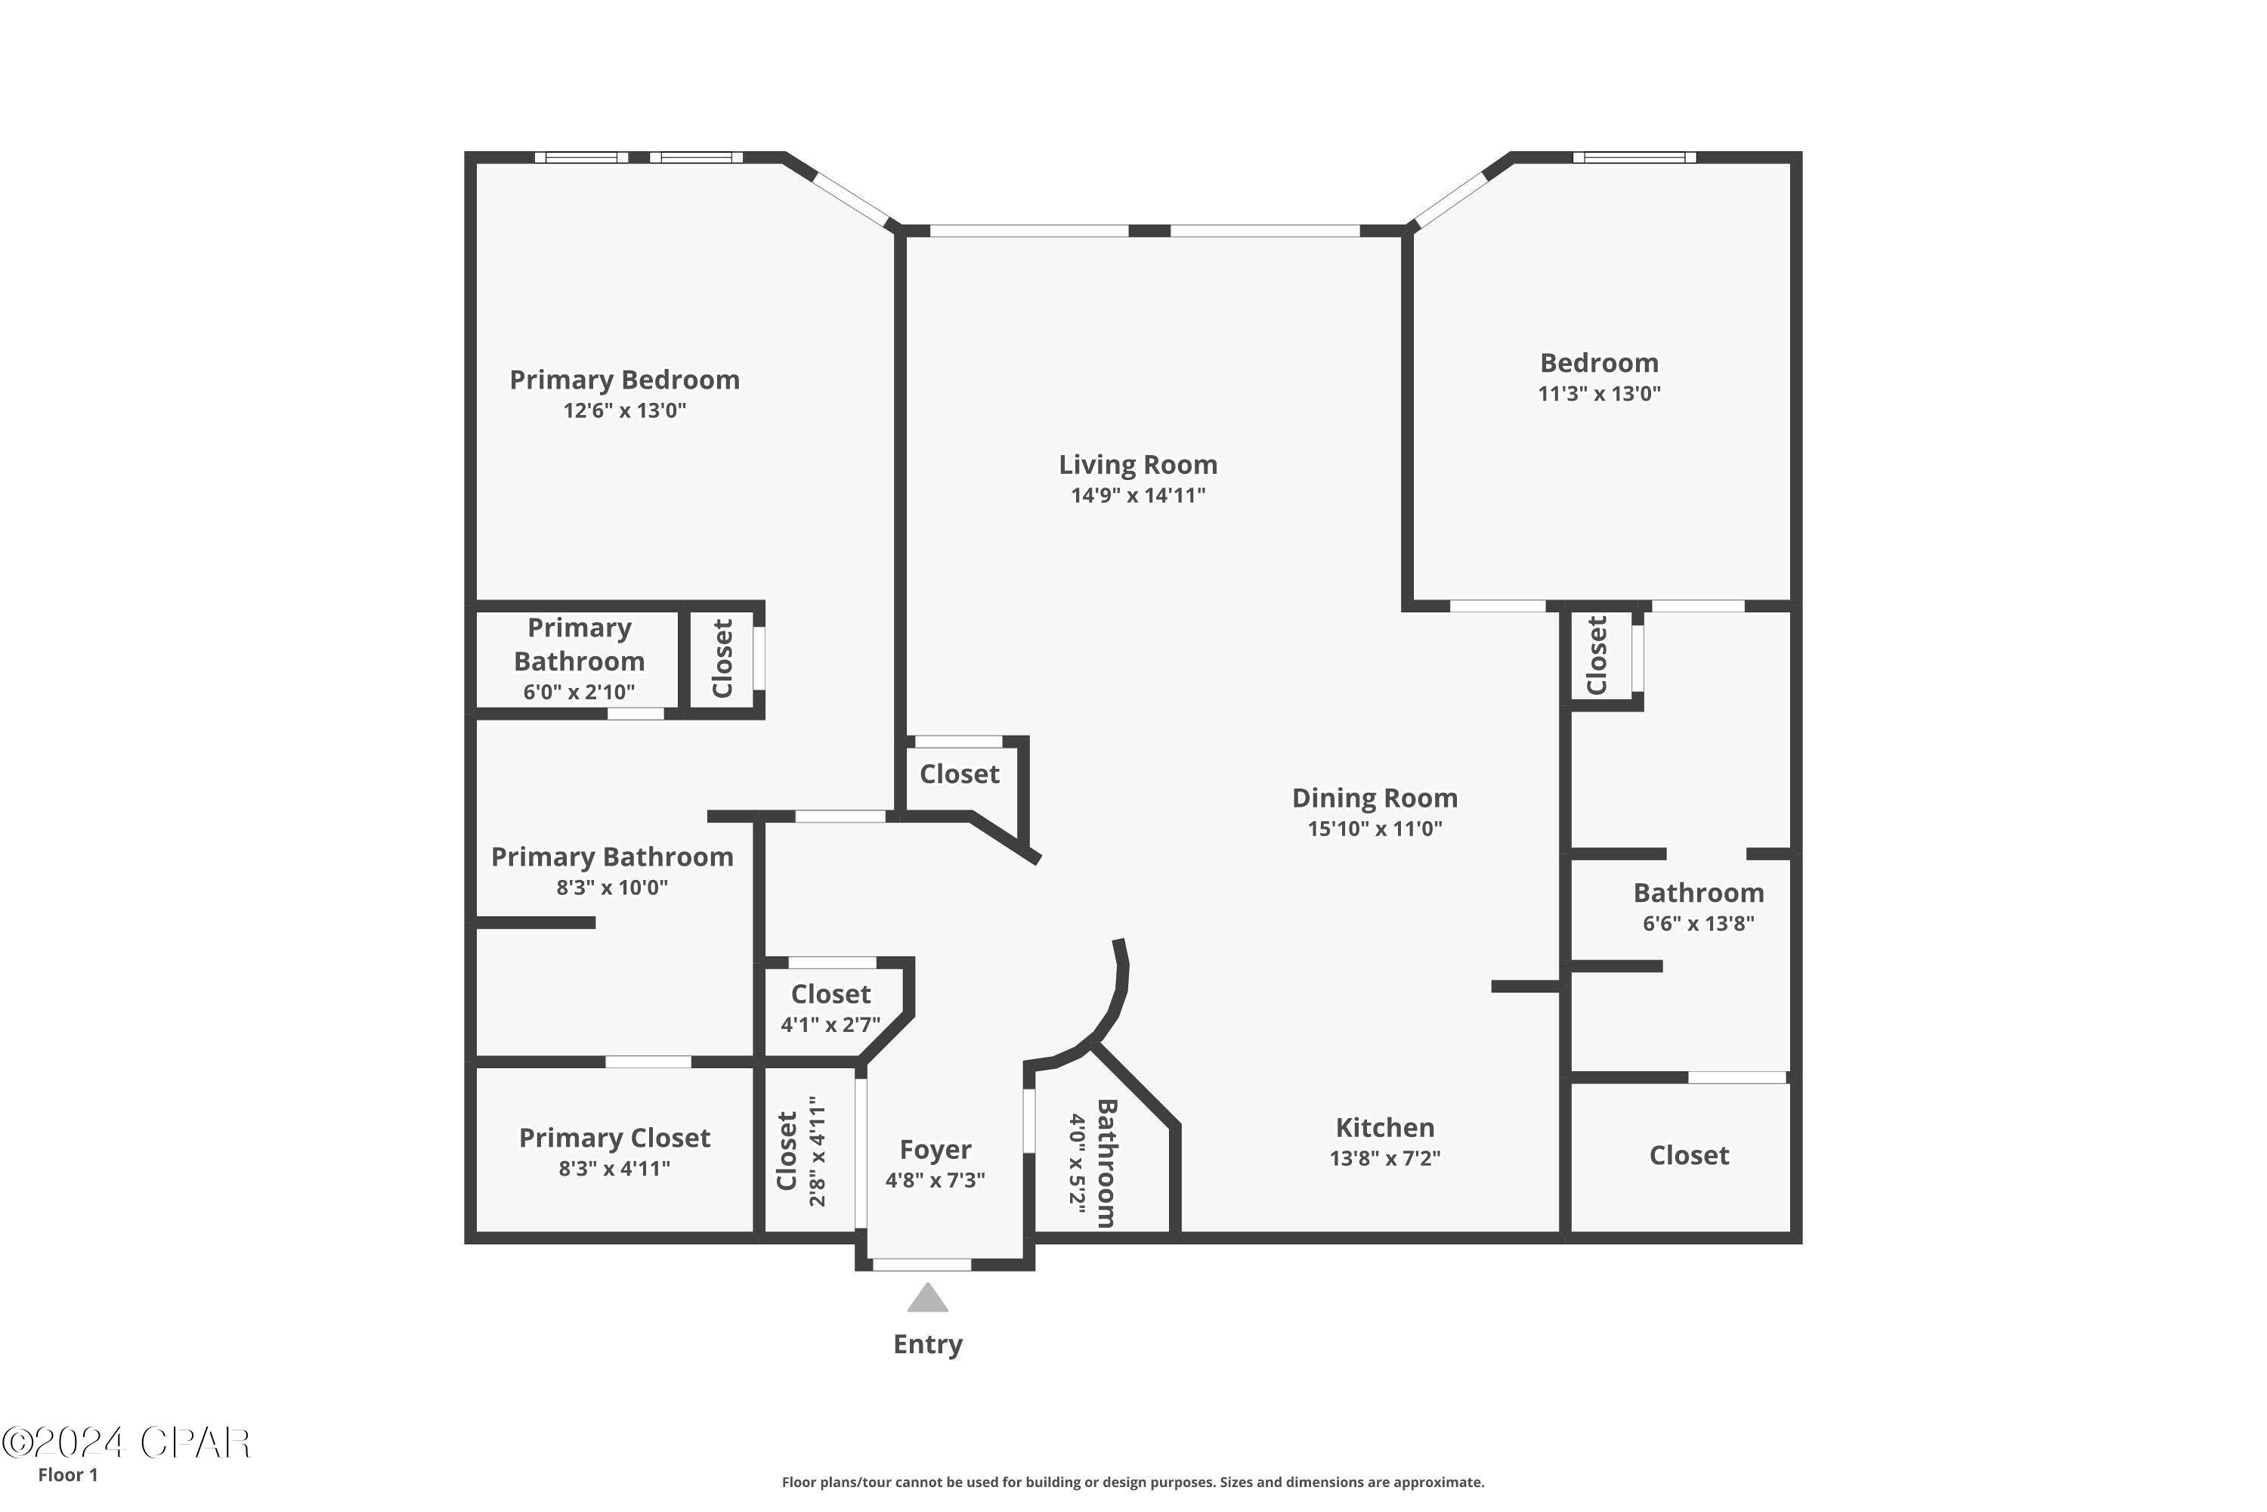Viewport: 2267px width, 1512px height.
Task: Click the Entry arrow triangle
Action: pos(927,1298)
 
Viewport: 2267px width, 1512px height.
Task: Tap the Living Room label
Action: pos(1137,465)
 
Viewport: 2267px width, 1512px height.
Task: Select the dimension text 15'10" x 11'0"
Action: pos(1375,829)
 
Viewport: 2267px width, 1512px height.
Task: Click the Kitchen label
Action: pos(1384,1127)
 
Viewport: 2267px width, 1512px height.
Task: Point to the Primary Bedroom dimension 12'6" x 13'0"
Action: pos(625,411)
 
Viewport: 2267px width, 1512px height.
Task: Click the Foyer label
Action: pos(935,1149)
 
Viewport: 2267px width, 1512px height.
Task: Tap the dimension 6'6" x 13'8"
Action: pos(1698,924)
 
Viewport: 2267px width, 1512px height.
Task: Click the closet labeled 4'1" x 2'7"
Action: pos(830,994)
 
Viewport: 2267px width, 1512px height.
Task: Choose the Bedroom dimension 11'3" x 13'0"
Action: pos(1599,393)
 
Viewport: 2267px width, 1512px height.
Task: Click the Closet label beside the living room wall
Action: pos(959,774)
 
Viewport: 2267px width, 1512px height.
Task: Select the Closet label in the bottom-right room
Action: pos(1689,1155)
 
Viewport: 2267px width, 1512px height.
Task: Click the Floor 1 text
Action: pos(67,1474)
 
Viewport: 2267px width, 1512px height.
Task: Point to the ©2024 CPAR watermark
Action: pos(125,1443)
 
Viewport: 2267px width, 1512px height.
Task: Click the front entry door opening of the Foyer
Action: pos(921,1264)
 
